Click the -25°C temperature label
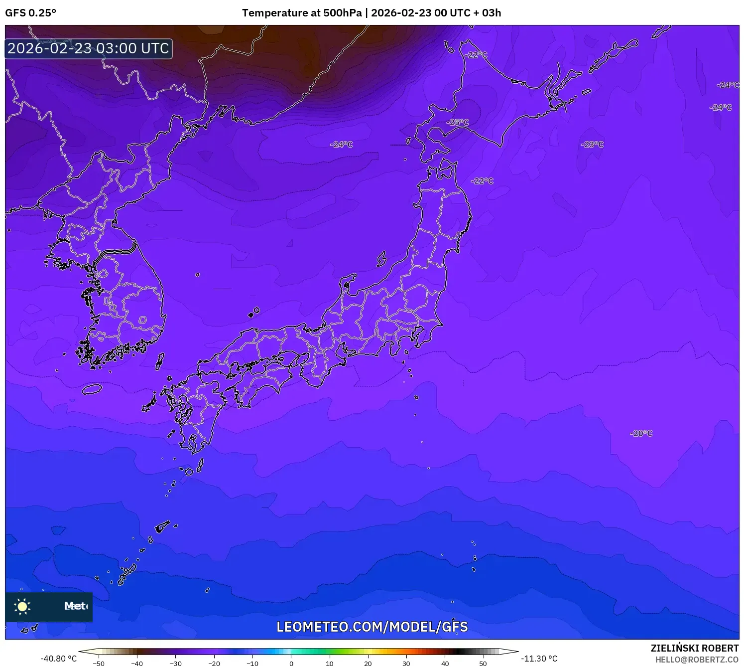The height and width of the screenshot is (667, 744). point(458,122)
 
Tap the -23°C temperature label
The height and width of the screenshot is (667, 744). point(592,145)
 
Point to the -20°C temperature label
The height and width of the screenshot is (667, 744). point(641,433)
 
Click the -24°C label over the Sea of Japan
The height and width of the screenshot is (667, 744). point(342,145)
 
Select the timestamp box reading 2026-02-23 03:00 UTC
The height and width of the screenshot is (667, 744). point(89,49)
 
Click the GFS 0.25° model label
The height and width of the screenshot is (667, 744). point(31,13)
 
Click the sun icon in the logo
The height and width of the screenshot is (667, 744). point(22,606)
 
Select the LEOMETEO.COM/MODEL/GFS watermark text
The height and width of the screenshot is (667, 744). point(372,627)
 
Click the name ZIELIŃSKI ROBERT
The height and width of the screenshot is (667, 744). point(694,648)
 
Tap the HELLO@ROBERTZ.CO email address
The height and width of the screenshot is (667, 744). point(697,660)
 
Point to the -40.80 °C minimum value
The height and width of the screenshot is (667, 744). point(59,659)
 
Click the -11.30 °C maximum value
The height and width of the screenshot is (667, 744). point(539,659)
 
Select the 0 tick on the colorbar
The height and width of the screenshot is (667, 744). point(291,664)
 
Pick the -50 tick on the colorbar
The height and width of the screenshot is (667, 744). point(99,664)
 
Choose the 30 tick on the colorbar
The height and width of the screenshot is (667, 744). point(406,664)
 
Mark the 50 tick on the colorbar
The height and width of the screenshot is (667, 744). point(483,664)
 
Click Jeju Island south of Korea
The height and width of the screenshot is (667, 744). point(92,389)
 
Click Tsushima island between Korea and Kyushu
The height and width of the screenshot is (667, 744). point(159,361)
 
